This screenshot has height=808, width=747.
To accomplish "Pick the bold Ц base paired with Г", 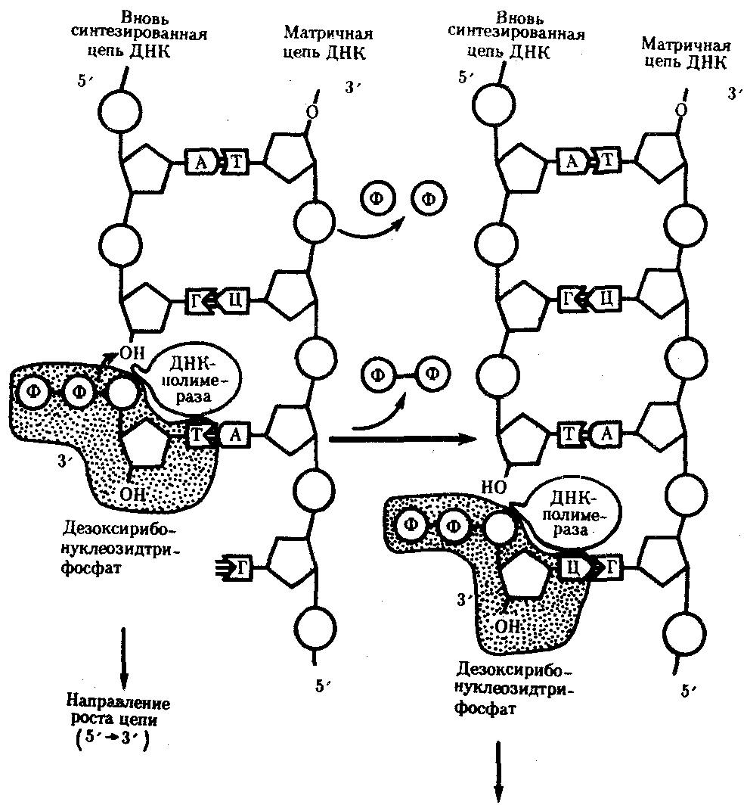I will point(573,564).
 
